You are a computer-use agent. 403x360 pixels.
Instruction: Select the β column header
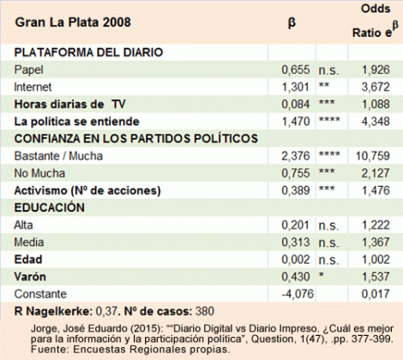point(291,21)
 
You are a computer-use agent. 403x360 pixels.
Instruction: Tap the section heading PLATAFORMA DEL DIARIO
point(89,53)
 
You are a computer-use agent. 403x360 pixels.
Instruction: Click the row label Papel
point(29,69)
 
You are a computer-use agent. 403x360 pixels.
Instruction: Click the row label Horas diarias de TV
point(70,104)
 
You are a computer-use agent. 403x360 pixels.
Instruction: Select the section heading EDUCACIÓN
point(50,207)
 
